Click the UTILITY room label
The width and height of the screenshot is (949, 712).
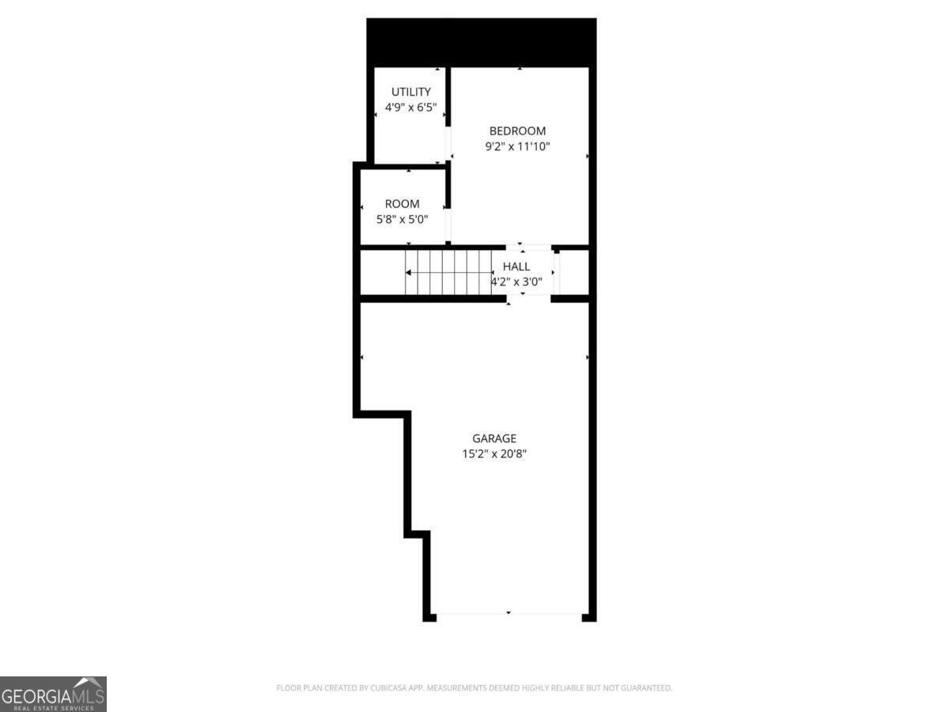pyautogui.click(x=411, y=92)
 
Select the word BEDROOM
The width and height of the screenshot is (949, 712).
pyautogui.click(x=517, y=131)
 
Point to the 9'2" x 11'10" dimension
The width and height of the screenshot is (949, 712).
pyautogui.click(x=517, y=146)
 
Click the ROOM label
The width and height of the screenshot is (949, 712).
pyautogui.click(x=402, y=204)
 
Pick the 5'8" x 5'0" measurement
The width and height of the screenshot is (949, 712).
pyautogui.click(x=402, y=219)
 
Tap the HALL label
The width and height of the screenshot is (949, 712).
pyautogui.click(x=516, y=267)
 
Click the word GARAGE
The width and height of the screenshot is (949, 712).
pyautogui.click(x=494, y=438)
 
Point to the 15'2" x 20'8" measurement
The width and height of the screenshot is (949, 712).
pyautogui.click(x=494, y=454)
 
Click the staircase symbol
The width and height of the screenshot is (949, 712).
pyautogui.click(x=448, y=272)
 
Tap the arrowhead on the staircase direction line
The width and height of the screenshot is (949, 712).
pyautogui.click(x=409, y=273)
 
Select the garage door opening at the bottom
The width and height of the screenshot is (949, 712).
pyautogui.click(x=509, y=614)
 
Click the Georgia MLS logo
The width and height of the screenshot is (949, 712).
pyautogui.click(x=53, y=694)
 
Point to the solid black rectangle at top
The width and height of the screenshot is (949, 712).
pyautogui.click(x=481, y=43)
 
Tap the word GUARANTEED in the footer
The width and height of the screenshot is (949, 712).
pyautogui.click(x=645, y=688)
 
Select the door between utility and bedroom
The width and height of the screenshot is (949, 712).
pyautogui.click(x=448, y=143)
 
